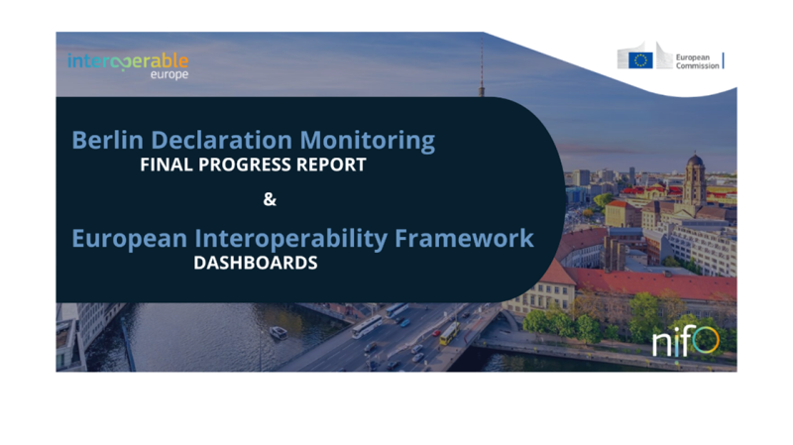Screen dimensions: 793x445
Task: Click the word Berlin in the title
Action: (107, 140)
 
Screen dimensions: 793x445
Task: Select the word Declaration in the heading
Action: (221, 140)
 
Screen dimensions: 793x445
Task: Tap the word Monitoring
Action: (367, 141)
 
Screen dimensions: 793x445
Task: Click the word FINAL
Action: (166, 165)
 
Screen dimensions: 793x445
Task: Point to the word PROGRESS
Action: (245, 165)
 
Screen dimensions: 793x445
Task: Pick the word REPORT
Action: (331, 165)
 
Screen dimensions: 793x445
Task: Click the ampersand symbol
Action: (270, 199)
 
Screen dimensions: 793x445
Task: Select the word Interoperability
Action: (290, 239)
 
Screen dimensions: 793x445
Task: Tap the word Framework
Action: (464, 238)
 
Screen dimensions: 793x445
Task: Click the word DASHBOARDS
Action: (256, 263)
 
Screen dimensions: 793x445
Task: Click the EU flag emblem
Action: (640, 60)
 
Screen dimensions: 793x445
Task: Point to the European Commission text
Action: (697, 61)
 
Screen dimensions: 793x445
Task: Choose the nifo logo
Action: (685, 341)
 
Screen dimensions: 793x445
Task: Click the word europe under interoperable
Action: (170, 74)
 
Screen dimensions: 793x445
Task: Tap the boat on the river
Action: (279, 332)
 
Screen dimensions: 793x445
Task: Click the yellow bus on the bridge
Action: (449, 334)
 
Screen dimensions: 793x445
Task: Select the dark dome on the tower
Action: (695, 161)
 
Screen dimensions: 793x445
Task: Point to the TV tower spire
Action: (482, 64)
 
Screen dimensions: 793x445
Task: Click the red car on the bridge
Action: (436, 333)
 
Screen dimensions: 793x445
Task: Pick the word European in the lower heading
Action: (130, 239)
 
